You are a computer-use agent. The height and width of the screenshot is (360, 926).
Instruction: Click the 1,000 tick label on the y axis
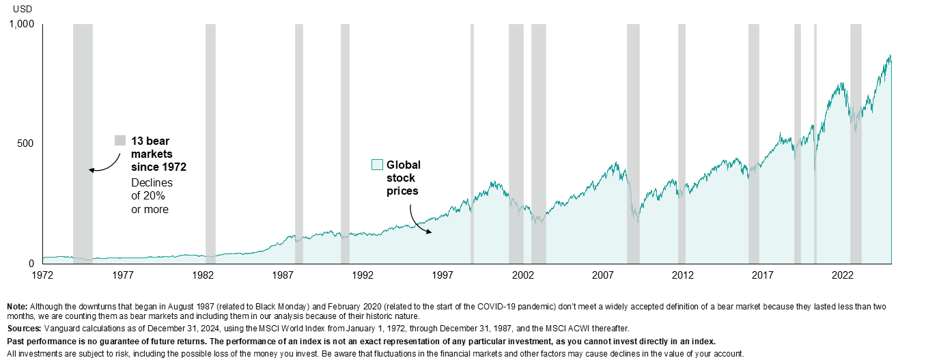point(22,25)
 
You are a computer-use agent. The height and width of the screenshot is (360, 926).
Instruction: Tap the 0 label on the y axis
point(31,264)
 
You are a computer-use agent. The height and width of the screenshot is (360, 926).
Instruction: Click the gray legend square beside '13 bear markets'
point(120,141)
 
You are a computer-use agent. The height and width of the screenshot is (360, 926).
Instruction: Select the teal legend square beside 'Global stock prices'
point(376,165)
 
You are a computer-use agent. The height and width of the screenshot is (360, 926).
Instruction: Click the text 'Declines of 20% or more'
point(152,196)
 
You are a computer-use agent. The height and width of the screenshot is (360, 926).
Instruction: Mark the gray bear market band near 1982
point(210,143)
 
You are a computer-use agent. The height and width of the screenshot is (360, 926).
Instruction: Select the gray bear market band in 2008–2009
point(633,143)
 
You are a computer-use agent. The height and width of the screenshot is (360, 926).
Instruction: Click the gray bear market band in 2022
point(856,143)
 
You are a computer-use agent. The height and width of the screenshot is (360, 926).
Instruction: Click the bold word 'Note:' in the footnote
point(18,306)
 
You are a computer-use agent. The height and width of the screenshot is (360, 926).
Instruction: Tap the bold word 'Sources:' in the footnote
point(24,329)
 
